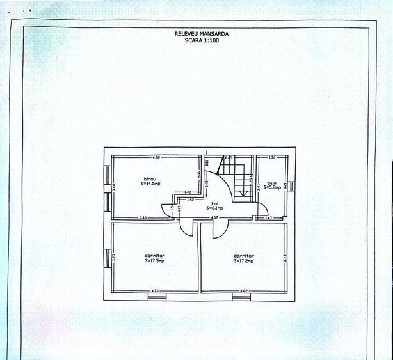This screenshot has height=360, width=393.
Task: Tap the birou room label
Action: (150, 178)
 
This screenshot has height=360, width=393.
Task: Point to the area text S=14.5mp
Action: (150, 184)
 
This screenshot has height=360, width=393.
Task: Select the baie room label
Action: (272, 182)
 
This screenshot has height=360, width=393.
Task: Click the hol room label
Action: (215, 203)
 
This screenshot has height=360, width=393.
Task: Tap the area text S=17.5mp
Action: (154, 260)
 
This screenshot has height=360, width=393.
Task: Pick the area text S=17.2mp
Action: (244, 260)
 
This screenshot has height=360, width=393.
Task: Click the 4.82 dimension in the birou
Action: (156, 157)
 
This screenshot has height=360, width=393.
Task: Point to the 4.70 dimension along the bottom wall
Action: (154, 291)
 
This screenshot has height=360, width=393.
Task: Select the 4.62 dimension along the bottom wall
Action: (244, 291)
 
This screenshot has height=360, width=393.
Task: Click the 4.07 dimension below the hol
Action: (216, 219)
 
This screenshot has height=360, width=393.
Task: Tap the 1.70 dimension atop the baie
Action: (271, 157)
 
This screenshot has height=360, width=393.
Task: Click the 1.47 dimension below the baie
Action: (268, 219)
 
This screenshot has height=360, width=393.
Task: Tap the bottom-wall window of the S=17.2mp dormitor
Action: (241, 296)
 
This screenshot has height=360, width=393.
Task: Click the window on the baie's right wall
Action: (291, 186)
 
